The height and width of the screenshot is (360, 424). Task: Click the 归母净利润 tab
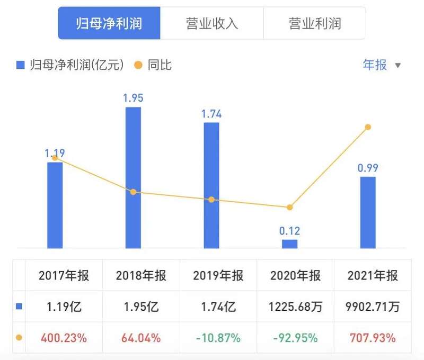click(x=109, y=23)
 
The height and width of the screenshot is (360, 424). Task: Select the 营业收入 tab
click(x=211, y=23)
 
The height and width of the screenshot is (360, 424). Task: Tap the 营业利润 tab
click(x=314, y=23)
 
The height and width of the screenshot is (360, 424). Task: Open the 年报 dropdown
click(x=381, y=65)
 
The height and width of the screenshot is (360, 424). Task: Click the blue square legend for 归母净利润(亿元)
click(x=21, y=65)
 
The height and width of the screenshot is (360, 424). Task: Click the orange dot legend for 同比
click(x=138, y=65)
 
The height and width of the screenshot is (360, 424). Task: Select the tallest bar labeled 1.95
click(x=133, y=177)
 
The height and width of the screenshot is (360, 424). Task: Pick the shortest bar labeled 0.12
click(x=289, y=244)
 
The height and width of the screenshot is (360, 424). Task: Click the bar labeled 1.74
click(x=211, y=185)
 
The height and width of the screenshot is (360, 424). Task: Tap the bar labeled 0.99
click(x=367, y=212)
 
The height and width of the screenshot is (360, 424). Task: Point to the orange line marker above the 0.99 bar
click(x=367, y=127)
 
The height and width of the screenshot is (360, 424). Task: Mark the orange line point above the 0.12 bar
click(x=289, y=208)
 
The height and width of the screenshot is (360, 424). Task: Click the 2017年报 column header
click(x=64, y=276)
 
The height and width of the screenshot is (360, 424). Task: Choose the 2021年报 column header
click(x=373, y=276)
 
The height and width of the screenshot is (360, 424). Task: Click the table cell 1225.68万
click(x=295, y=307)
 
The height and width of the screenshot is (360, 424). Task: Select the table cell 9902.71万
click(x=373, y=307)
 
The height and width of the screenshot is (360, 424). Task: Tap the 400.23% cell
click(x=64, y=338)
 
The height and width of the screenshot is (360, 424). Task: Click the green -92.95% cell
click(x=295, y=338)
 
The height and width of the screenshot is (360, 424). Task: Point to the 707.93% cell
click(x=373, y=338)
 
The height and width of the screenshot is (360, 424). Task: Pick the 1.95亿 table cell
click(x=141, y=307)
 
